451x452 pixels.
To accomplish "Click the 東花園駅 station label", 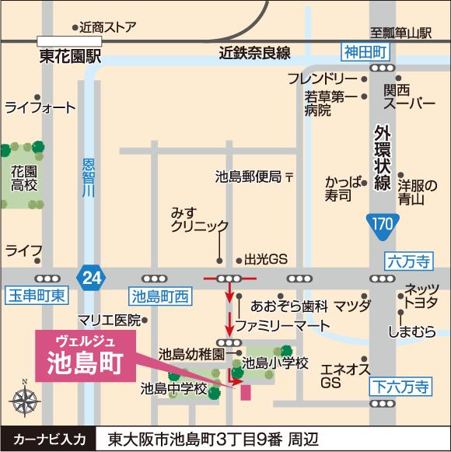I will point(71,57).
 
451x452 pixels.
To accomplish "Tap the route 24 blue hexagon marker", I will point(91,276).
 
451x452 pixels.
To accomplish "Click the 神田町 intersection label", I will point(365,51).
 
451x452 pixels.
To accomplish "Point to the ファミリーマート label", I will point(282,324).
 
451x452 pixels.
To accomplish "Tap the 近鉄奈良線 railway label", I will point(254,53).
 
